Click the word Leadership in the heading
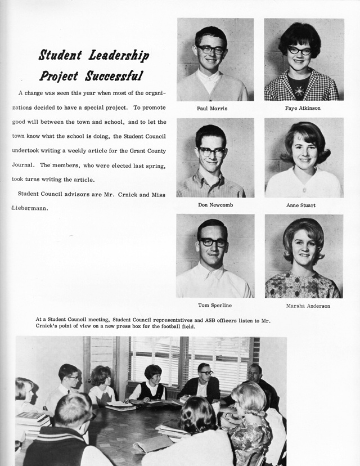click(118, 56)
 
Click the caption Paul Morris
click(212, 109)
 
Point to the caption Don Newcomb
click(215, 205)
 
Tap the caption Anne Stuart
click(301, 205)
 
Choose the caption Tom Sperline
click(214, 306)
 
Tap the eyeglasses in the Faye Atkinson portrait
click(300, 51)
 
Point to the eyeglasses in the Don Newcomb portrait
click(212, 151)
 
